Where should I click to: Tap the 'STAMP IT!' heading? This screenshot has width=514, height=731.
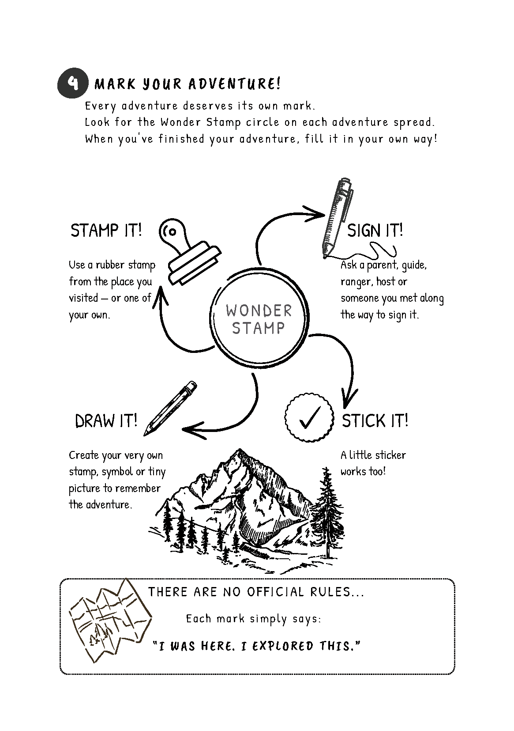(x=106, y=230)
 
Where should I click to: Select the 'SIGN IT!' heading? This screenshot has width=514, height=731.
(x=375, y=230)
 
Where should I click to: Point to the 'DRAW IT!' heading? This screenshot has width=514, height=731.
(x=106, y=420)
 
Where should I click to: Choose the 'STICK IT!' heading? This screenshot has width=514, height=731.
(x=375, y=420)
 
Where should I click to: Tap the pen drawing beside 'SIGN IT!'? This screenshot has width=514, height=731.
(x=338, y=218)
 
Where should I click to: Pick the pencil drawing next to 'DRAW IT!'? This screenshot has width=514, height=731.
(x=170, y=408)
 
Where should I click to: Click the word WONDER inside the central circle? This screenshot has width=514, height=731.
(x=259, y=311)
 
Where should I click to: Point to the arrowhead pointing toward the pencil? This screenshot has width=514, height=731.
(x=194, y=431)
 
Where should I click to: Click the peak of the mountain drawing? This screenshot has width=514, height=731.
(x=240, y=450)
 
